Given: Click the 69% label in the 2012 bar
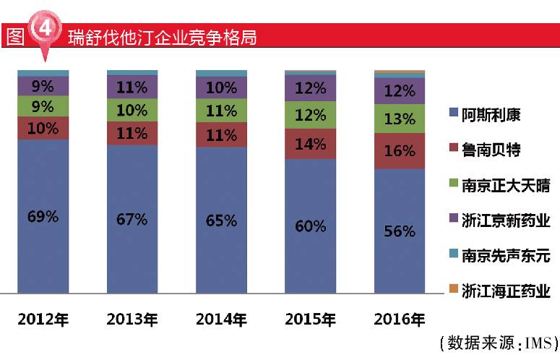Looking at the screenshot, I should click(x=43, y=216).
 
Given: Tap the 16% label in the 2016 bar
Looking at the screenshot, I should click(x=400, y=151).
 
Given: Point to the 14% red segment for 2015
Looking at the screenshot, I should click(x=311, y=144).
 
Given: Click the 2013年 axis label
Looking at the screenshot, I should click(x=132, y=319).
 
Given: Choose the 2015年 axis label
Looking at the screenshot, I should click(x=311, y=319).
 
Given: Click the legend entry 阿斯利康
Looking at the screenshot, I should click(x=491, y=114).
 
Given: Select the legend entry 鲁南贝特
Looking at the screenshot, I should click(x=491, y=150).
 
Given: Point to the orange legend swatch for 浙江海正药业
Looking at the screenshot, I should click(x=453, y=291).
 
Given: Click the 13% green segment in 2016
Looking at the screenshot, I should click(x=400, y=119).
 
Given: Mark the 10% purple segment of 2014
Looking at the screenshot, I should click(x=221, y=87).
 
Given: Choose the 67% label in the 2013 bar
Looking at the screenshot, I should click(x=132, y=219).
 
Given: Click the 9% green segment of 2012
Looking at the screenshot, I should click(x=43, y=106).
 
